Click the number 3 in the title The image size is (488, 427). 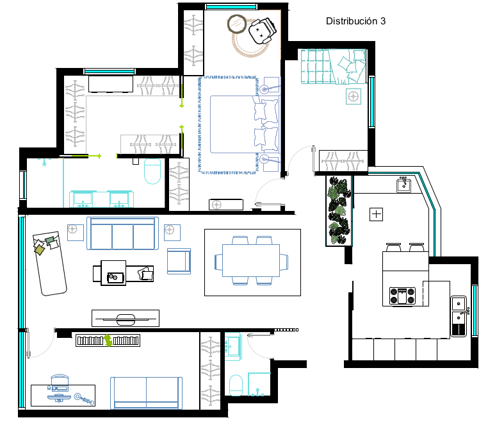pos(382,21)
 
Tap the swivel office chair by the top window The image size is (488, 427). pos(262,30)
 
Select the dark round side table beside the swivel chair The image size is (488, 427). pos(237,24)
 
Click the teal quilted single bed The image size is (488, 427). pos(333,67)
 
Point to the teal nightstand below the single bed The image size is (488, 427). pos(354,96)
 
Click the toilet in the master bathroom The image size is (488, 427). pos(152,171)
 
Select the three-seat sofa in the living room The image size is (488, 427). pos(122,233)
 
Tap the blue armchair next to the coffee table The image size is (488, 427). pos(179,261)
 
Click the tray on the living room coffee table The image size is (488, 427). pos(115,277)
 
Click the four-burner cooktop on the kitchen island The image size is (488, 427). pos(402,296)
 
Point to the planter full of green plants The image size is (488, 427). pos(339,211)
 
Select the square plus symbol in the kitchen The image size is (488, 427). pos(377,214)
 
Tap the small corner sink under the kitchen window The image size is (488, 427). pos(403,185)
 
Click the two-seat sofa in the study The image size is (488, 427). pos(146,393)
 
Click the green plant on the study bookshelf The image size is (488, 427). pos(108,340)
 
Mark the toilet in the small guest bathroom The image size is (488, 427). pos(236,385)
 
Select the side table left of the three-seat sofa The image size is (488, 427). pos(76,233)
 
